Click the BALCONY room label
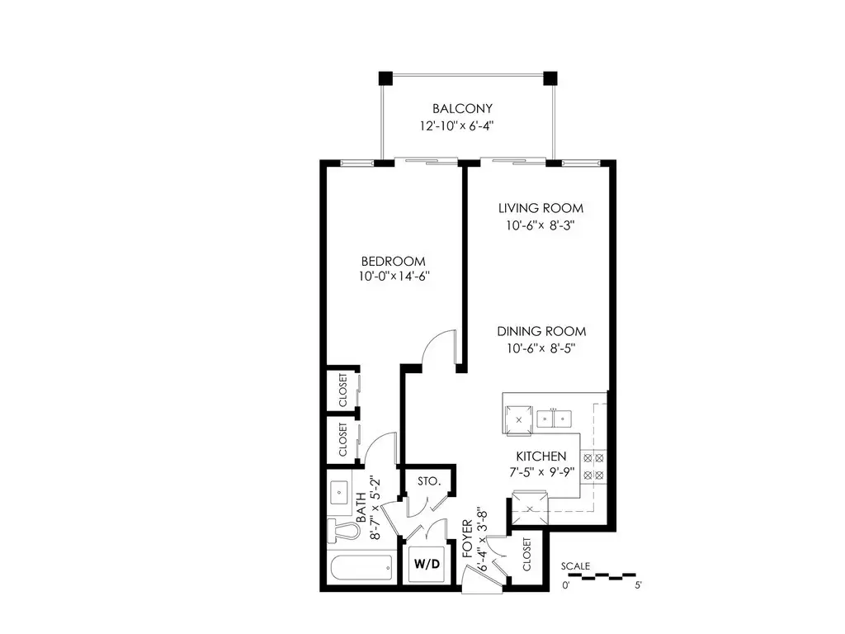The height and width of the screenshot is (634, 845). click(x=462, y=108)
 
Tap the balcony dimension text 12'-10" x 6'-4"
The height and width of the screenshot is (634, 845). click(x=457, y=126)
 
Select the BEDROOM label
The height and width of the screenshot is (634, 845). click(x=394, y=262)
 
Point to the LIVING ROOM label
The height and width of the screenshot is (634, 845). click(x=541, y=208)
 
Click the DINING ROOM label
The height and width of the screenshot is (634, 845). click(x=541, y=331)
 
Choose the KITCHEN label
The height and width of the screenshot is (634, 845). click(x=541, y=456)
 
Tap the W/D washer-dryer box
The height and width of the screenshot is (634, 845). click(x=427, y=564)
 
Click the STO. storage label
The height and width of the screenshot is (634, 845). click(x=429, y=481)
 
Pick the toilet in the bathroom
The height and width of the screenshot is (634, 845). click(x=344, y=529)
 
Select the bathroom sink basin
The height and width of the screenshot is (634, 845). click(x=339, y=492)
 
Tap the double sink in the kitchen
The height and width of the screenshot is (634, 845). click(x=554, y=419)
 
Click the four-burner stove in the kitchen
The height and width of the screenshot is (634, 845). click(x=593, y=467)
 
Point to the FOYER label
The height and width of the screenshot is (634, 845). click(x=467, y=538)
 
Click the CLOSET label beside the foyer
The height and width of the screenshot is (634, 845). click(x=526, y=554)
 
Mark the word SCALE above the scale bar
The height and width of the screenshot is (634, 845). click(x=575, y=566)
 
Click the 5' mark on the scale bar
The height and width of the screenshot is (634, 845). click(x=638, y=585)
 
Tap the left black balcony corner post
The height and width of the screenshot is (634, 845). click(x=386, y=78)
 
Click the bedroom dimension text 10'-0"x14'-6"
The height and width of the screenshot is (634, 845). click(x=394, y=277)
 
